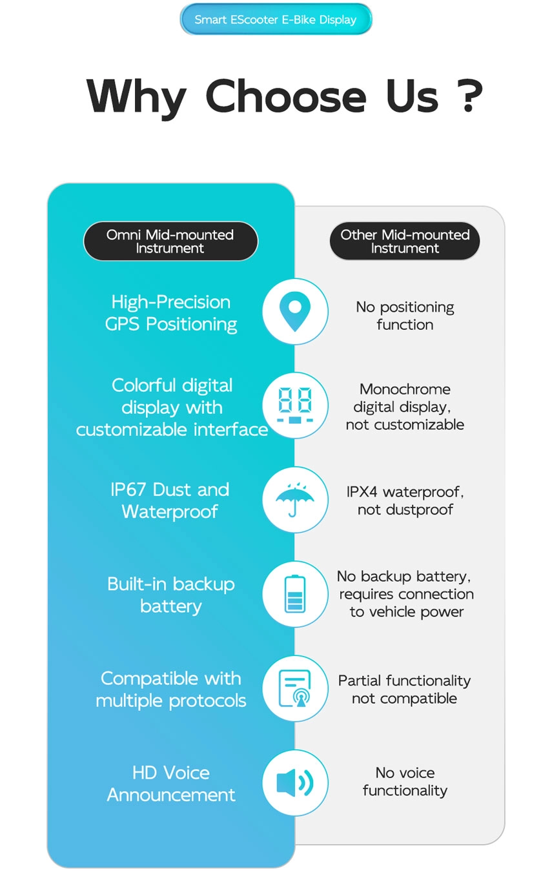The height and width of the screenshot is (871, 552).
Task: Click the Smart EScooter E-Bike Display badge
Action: click(276, 19)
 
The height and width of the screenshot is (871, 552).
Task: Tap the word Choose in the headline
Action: click(286, 96)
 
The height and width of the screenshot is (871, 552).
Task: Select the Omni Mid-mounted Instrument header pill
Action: click(170, 241)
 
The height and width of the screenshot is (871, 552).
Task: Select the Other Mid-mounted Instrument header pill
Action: click(405, 241)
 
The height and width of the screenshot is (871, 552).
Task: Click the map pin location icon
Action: click(294, 311)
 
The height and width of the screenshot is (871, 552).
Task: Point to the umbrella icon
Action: click(294, 499)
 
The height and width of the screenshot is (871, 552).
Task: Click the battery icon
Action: click(295, 594)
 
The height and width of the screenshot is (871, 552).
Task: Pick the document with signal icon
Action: click(294, 688)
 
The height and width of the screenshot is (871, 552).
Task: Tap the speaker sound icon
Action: click(294, 783)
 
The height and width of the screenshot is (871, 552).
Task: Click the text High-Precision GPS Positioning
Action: click(171, 313)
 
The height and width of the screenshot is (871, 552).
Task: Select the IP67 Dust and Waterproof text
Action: click(170, 500)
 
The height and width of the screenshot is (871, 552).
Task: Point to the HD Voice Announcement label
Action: click(171, 783)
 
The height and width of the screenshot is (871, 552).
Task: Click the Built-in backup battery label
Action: click(171, 595)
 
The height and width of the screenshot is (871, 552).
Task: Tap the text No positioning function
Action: click(405, 316)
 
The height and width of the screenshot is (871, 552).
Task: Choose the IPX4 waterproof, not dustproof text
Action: click(405, 500)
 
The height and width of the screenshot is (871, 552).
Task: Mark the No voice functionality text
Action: click(405, 781)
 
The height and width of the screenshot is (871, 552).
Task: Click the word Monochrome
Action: click(405, 389)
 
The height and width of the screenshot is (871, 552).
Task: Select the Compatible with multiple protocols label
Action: click(171, 690)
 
